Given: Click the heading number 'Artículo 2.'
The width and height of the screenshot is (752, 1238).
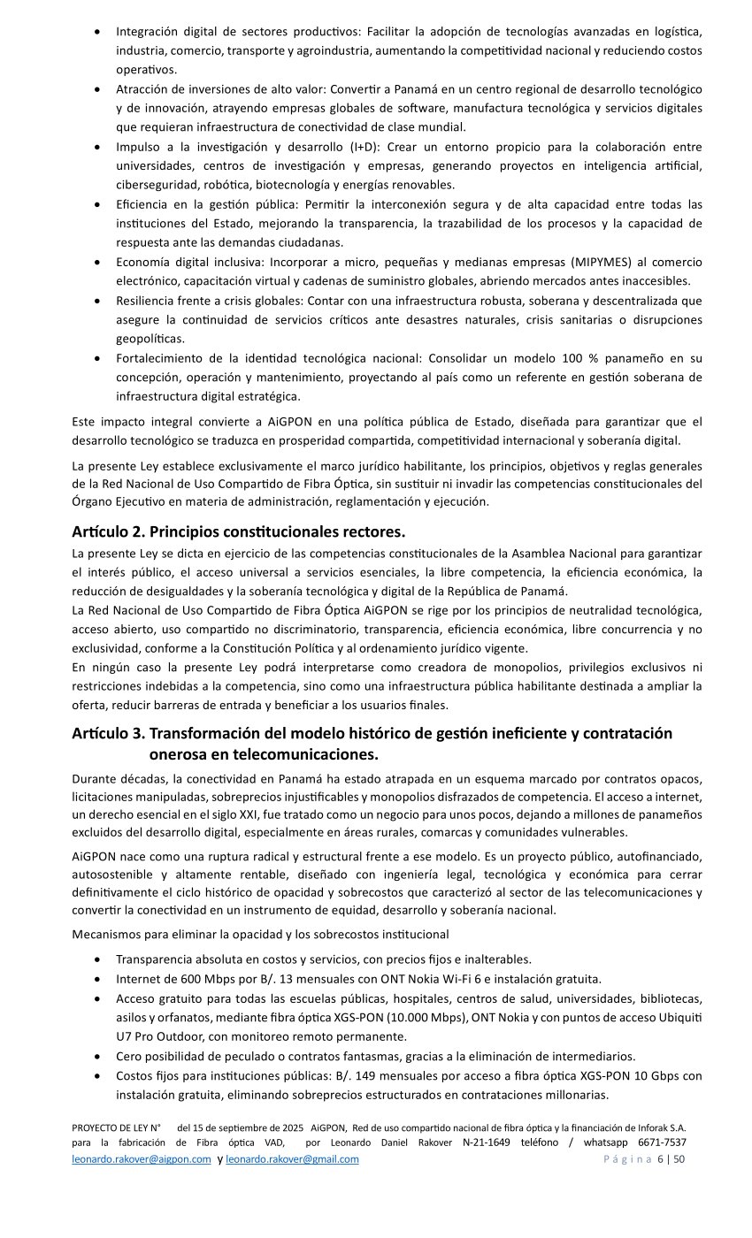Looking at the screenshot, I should point(108,532).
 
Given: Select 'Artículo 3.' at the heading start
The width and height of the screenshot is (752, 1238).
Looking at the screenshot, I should point(108,734).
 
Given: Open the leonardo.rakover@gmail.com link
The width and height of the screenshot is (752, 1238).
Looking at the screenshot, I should point(292,1159).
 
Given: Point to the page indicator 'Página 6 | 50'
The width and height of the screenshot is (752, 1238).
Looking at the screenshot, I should point(644,1159).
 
